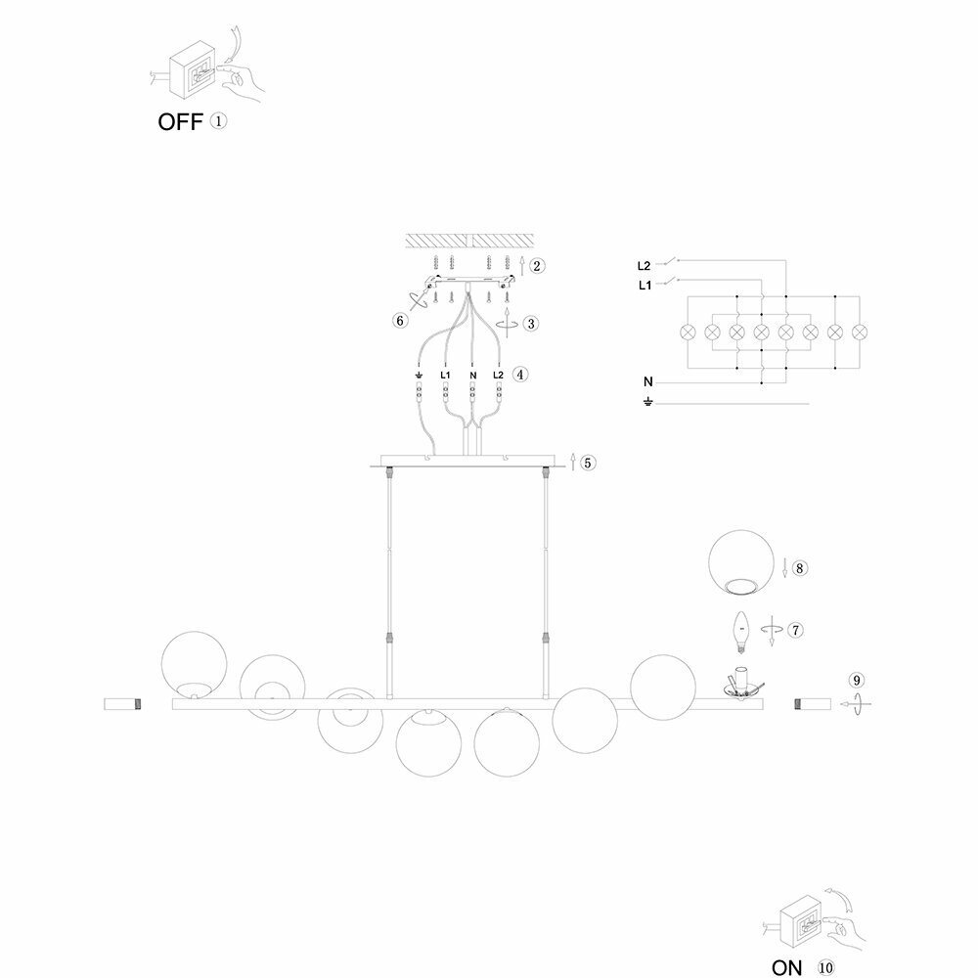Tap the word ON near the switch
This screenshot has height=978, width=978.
[x=786, y=968]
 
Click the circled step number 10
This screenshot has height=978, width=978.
[x=826, y=968]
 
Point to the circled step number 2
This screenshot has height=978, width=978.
[x=538, y=265]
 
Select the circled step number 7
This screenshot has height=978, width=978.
[x=796, y=629]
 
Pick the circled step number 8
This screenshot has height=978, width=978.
[x=800, y=567]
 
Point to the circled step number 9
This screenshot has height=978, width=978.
[x=857, y=680]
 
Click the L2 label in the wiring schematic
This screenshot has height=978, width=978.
[x=644, y=265]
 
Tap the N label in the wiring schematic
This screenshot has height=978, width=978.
[x=646, y=380]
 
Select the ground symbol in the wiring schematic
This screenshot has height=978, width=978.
[x=646, y=402]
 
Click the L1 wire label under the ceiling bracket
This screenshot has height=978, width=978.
[x=446, y=375]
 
